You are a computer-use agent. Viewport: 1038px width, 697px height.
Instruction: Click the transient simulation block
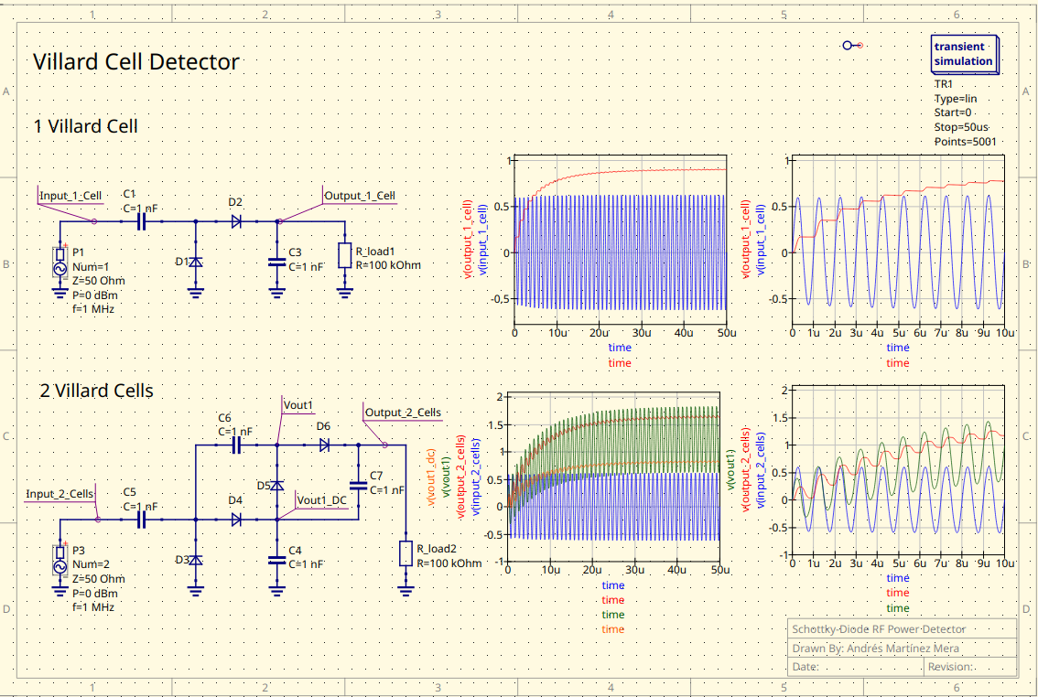click(x=963, y=54)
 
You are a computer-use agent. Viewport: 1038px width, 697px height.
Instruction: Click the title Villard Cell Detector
click(x=135, y=62)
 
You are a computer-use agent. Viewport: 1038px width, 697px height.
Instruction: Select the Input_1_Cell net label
click(x=70, y=196)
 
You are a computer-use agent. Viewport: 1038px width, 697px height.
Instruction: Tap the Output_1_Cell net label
click(x=360, y=196)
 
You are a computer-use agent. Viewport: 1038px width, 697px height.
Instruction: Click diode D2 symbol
click(x=236, y=221)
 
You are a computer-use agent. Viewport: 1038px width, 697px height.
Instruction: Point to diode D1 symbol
click(x=195, y=263)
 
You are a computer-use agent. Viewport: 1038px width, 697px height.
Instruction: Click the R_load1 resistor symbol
click(x=344, y=255)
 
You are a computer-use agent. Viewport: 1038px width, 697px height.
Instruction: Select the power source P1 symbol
click(x=60, y=263)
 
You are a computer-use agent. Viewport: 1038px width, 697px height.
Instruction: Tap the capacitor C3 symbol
click(x=276, y=262)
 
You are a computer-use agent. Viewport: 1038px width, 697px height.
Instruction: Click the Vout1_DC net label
click(x=322, y=500)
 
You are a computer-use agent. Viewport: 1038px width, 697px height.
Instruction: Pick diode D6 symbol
click(x=323, y=445)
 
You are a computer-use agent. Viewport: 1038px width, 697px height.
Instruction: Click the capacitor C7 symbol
click(x=358, y=484)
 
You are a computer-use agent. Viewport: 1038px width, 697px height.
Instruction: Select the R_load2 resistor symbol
click(x=405, y=553)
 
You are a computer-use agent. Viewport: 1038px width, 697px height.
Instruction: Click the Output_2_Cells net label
click(x=403, y=413)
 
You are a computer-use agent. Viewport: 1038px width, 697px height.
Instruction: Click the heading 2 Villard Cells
click(x=96, y=391)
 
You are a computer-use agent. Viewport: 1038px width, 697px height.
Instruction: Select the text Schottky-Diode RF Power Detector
click(x=879, y=629)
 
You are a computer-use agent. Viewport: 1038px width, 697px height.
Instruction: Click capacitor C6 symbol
click(x=235, y=445)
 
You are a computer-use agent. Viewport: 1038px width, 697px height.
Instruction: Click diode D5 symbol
click(x=276, y=484)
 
